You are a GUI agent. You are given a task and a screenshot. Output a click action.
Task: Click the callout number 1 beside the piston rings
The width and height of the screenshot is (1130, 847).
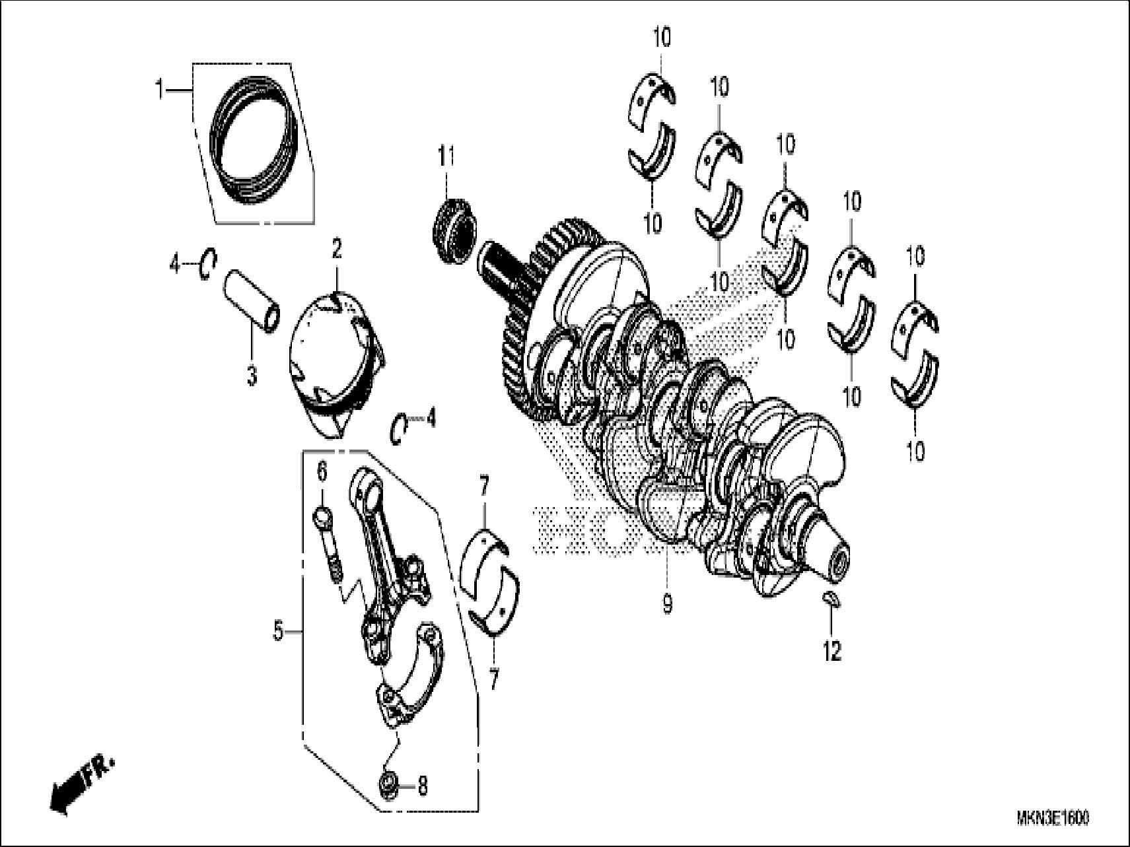(159, 89)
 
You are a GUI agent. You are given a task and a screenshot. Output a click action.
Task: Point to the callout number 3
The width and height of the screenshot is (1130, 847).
(252, 376)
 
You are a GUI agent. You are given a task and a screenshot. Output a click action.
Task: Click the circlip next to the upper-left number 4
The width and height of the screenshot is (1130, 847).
(207, 265)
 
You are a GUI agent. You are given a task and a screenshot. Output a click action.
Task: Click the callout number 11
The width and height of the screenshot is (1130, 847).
(446, 158)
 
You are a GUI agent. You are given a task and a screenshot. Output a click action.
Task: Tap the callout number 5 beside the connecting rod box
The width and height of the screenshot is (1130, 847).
(279, 632)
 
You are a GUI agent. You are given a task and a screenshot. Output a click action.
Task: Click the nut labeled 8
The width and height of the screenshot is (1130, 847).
(388, 785)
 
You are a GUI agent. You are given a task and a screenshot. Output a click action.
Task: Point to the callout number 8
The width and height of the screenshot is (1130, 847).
(423, 786)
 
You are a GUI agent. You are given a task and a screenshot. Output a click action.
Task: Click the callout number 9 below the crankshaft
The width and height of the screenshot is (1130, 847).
(667, 603)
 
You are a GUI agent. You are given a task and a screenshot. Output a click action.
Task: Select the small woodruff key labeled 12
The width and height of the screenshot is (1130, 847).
(831, 599)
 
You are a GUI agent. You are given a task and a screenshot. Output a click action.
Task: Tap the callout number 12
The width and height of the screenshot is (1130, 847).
(833, 652)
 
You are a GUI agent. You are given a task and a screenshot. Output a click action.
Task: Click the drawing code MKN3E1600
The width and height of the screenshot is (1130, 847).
(1052, 819)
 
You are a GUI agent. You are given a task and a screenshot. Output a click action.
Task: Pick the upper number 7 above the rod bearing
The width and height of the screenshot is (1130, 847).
(484, 489)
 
